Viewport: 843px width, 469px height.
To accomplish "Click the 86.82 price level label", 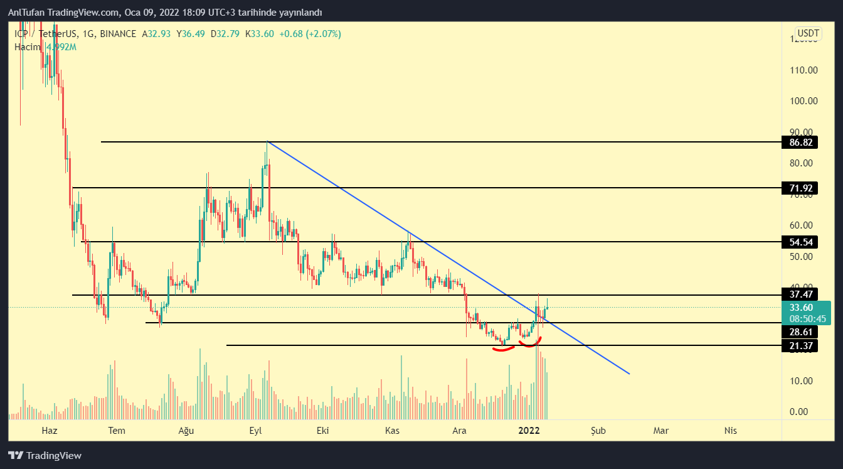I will coord(799,143).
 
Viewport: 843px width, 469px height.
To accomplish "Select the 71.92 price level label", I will coord(799,188).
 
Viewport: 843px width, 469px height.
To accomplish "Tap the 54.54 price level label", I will coord(799,242).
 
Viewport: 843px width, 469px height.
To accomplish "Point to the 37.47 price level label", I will coord(799,294).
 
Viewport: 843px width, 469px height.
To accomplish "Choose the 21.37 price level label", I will coord(799,345).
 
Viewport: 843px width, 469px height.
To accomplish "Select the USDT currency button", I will coord(808,33).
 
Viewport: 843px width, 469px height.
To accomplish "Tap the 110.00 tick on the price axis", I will coord(803,70).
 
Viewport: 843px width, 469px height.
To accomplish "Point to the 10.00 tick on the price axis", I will coord(803,381).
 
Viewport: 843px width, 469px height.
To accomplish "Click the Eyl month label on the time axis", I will coord(255,430).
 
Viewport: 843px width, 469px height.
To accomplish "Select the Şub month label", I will coord(598,430).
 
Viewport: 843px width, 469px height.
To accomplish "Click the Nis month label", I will coord(730,430).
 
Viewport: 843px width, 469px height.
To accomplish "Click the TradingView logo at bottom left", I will coord(45,455).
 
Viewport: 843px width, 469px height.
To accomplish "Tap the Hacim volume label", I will coord(28,46).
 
